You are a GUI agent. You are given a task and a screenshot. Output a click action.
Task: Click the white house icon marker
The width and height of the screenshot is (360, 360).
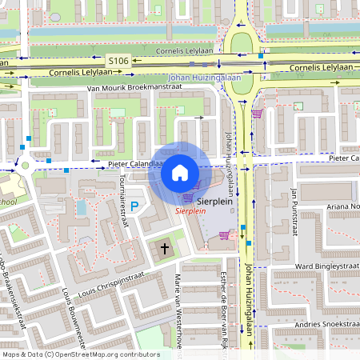[180, 173]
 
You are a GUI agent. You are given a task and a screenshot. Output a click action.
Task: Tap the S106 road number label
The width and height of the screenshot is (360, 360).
[118, 60]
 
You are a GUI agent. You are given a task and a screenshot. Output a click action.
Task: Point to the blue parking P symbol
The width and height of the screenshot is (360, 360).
[134, 207]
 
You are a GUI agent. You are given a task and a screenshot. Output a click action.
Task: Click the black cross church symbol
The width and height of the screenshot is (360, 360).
[166, 249]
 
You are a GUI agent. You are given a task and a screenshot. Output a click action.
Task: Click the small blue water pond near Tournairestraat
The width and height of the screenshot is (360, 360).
[82, 208]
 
